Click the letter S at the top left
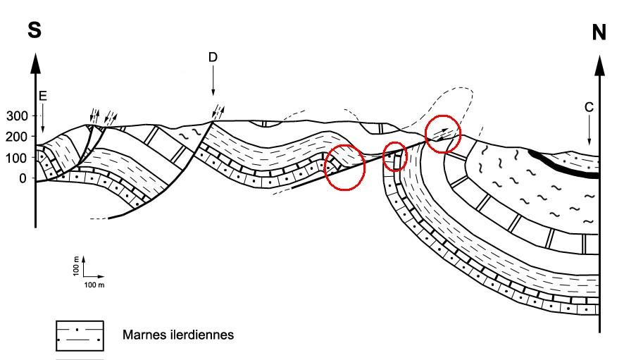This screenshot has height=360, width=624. coord(34,32)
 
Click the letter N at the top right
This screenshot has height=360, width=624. coord(599,32)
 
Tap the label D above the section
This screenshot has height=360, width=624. coord(213,56)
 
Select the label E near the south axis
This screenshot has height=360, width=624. coord(43,96)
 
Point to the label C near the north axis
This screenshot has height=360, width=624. coord(589,107)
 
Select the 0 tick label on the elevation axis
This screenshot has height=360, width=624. coord(22,178)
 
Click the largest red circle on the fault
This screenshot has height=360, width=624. coord(344,167)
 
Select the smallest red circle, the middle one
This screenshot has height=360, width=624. coord(394,156)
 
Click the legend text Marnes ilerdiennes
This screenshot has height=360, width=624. coord(178,335)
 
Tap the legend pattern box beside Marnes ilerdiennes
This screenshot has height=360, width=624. coord(80,335)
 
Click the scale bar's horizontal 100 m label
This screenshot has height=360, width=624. coord(94,285)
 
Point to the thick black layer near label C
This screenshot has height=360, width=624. coord(563,164)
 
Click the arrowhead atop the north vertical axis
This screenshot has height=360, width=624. coord(599,65)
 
